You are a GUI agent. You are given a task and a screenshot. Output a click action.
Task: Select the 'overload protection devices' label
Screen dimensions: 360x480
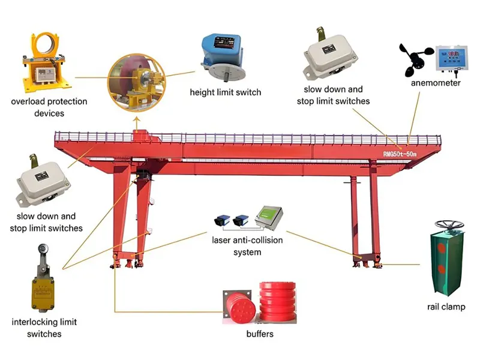(49, 107)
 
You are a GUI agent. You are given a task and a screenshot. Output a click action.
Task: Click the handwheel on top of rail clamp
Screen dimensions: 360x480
(449, 225)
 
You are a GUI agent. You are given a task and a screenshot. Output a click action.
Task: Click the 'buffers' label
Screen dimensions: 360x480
(260, 334)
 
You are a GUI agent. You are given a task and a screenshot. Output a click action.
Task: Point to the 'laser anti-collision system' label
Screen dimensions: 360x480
(247, 246)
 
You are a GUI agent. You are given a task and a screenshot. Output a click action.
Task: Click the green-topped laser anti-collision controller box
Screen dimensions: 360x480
(268, 217)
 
